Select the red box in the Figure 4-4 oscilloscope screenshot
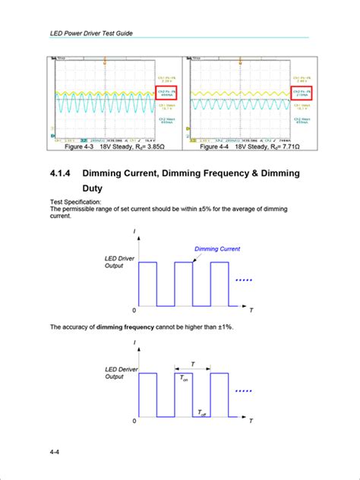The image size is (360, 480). point(302,94)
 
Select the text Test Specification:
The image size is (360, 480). point(75,202)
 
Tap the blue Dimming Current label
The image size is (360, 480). point(217,249)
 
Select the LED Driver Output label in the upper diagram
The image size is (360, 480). point(120,263)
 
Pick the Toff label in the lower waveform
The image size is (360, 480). point(202,412)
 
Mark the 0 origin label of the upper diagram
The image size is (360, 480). point(134,311)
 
